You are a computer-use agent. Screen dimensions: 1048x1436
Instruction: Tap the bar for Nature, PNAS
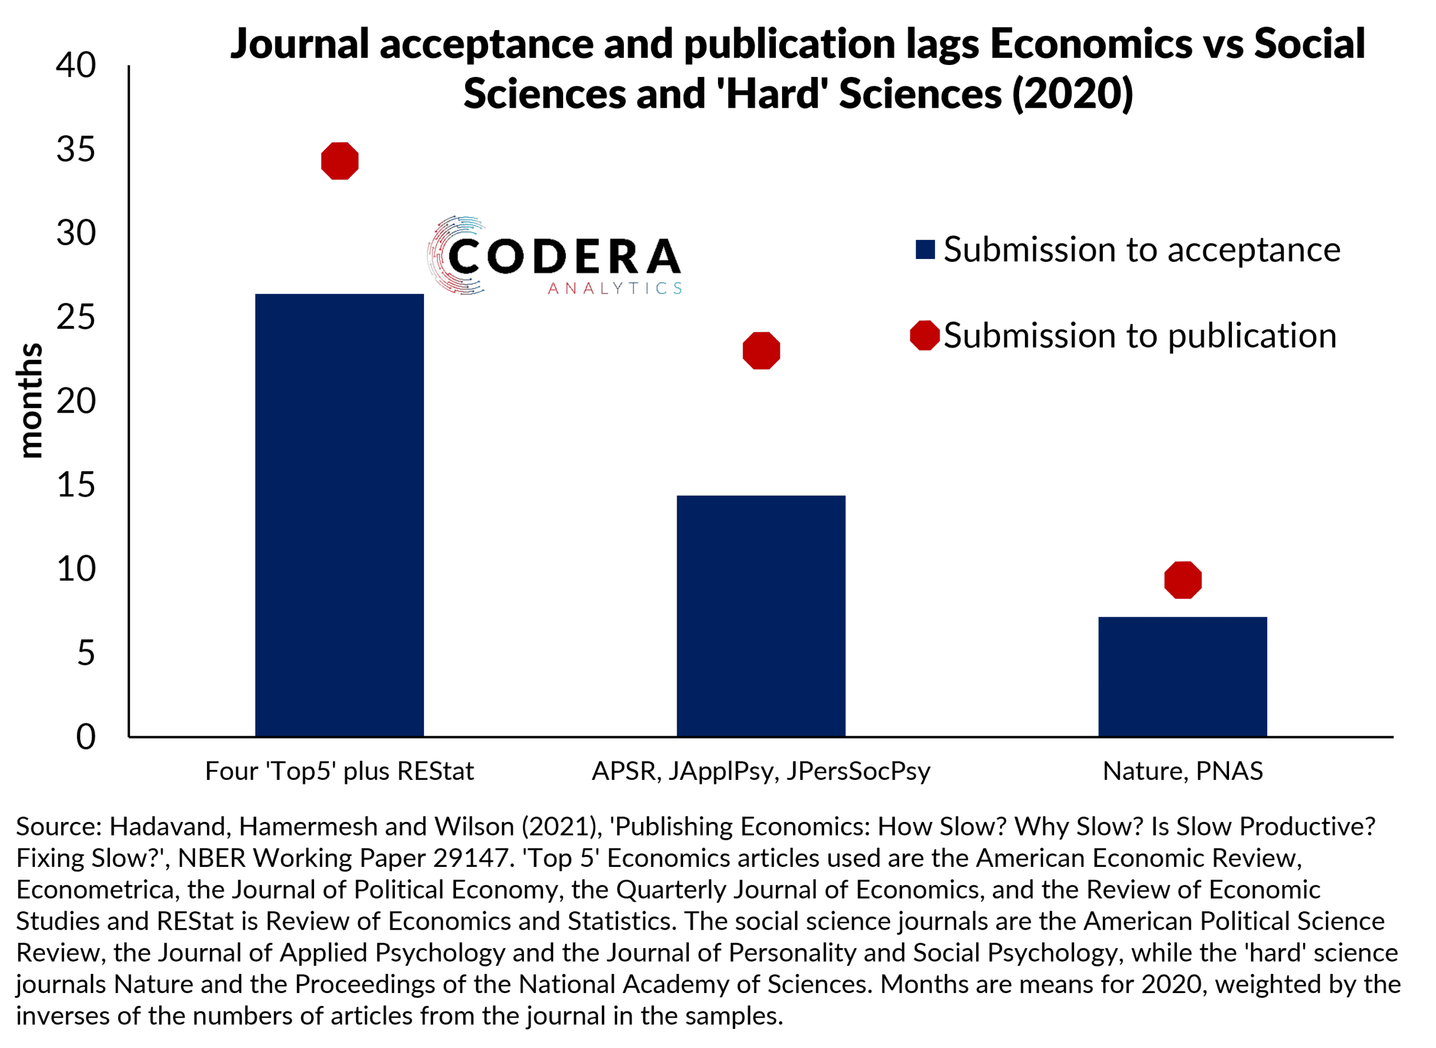(1182, 677)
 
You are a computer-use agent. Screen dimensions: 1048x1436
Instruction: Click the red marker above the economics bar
(339, 161)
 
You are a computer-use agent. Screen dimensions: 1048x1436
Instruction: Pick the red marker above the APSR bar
(761, 351)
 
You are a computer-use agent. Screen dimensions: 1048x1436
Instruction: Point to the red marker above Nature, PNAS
(1182, 580)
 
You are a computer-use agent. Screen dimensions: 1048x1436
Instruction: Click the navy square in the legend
(925, 250)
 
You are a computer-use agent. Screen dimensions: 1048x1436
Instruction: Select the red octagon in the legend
(924, 335)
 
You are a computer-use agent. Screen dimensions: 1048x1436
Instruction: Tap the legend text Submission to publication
(1140, 335)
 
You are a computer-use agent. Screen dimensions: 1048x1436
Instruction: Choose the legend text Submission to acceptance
(1142, 250)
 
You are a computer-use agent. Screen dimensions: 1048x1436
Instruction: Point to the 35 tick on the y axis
(76, 150)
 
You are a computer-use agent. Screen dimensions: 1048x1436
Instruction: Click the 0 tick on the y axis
(86, 737)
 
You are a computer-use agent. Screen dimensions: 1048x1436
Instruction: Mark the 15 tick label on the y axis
(76, 485)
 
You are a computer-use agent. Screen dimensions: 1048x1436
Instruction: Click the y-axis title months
(30, 400)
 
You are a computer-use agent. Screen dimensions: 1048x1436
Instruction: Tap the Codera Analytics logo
(555, 256)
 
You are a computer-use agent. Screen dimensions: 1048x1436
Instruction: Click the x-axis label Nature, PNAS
(1182, 772)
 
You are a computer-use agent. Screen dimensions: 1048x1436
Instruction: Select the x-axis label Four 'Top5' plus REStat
(339, 772)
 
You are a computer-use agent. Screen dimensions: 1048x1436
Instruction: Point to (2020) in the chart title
(1073, 94)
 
